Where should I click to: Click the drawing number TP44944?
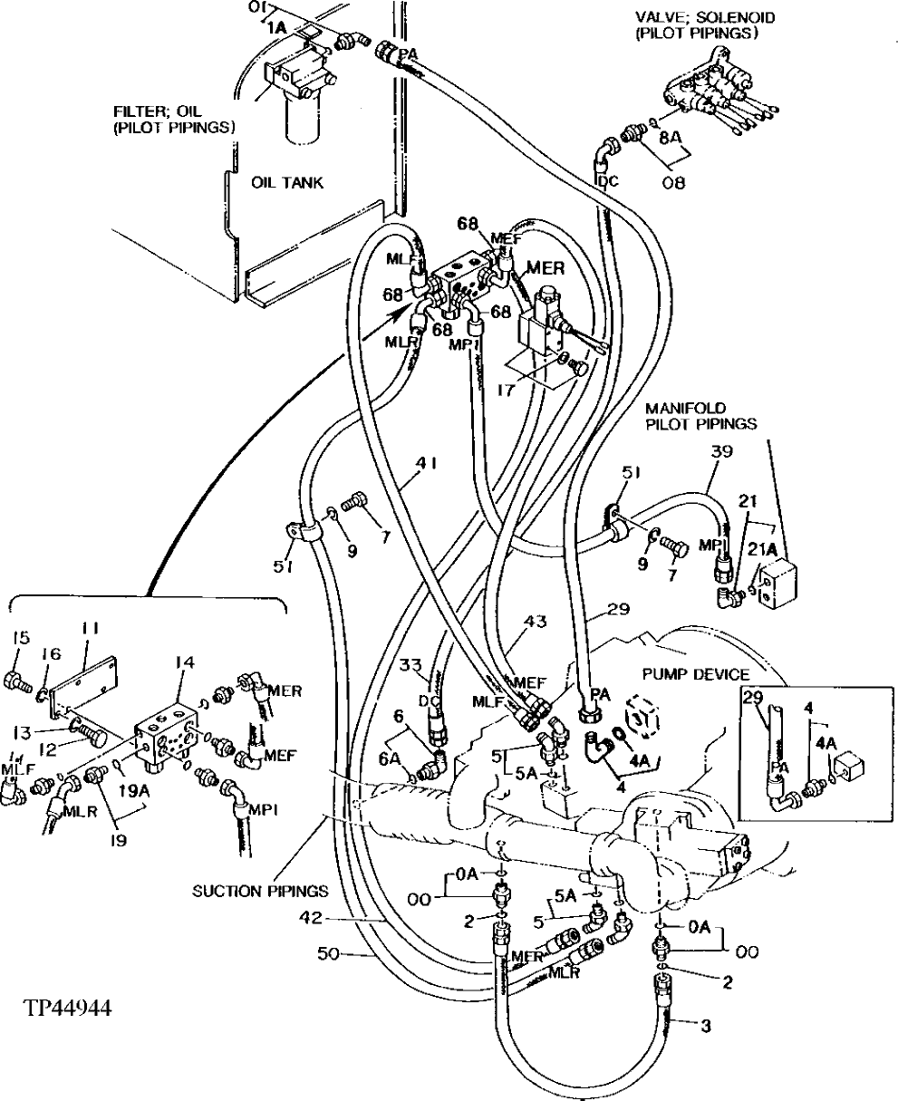(x=63, y=1008)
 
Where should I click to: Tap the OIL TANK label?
(x=287, y=183)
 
